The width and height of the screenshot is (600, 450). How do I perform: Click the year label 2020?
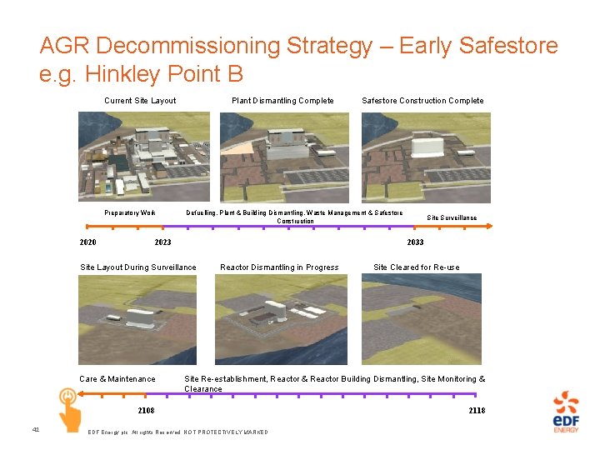[87, 242]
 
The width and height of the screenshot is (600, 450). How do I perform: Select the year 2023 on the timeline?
[163, 242]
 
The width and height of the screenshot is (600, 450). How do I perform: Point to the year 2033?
[415, 242]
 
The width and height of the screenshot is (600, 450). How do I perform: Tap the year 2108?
[146, 411]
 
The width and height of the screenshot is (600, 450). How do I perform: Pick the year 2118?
[477, 411]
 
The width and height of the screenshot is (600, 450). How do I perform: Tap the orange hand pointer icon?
[67, 406]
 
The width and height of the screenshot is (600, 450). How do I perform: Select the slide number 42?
[35, 429]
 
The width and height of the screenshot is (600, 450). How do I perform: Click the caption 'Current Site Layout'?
[140, 101]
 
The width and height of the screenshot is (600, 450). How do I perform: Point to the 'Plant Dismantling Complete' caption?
[282, 101]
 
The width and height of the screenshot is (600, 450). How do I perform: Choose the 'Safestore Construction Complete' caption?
[422, 101]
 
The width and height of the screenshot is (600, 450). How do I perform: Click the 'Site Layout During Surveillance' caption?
[138, 267]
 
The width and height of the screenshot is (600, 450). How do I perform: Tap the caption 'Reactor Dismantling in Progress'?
[279, 267]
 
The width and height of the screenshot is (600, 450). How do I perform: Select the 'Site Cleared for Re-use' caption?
[416, 267]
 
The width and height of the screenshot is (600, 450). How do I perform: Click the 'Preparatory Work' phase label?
[130, 213]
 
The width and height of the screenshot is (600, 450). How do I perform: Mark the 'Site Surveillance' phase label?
[452, 217]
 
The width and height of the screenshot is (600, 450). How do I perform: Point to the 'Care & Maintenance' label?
[117, 379]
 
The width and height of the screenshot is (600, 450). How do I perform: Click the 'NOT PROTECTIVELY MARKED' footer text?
[227, 432]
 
